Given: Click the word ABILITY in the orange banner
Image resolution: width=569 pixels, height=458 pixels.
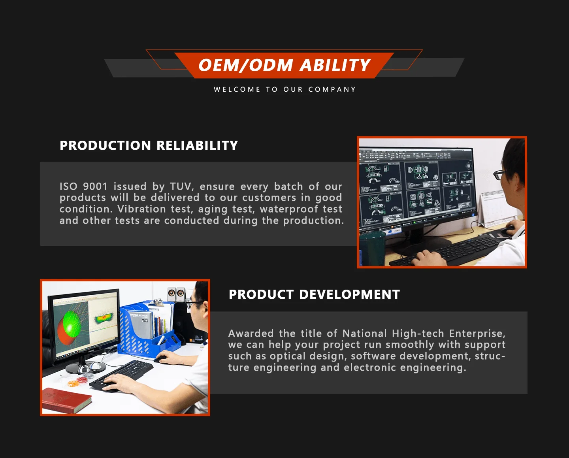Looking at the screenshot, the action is (335, 65).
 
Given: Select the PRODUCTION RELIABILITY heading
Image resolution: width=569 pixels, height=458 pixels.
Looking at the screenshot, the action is (149, 145).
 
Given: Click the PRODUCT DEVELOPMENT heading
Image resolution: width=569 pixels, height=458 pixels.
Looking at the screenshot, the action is (314, 294).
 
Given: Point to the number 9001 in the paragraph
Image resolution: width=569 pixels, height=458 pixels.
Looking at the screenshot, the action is (95, 187).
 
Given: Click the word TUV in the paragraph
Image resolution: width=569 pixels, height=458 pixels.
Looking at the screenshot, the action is (182, 187).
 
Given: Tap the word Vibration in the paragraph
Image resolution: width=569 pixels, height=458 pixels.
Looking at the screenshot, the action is (141, 209).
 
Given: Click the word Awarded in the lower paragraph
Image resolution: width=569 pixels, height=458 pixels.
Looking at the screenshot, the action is (251, 334).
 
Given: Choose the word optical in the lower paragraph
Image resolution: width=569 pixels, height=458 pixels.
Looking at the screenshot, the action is (288, 356).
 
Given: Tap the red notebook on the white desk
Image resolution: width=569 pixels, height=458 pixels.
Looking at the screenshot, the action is (67, 400).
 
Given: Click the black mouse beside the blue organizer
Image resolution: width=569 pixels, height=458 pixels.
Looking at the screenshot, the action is (160, 359).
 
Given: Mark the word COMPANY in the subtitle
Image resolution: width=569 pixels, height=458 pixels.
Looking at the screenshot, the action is (332, 89).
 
